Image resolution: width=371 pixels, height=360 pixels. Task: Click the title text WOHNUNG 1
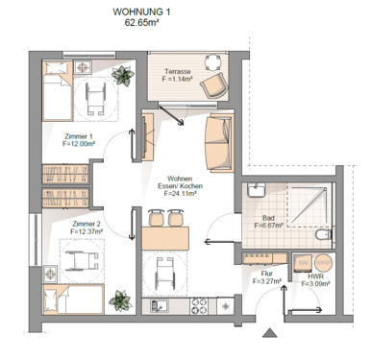pyautogui.click(x=141, y=12)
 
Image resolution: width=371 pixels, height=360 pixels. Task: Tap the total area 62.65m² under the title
pyautogui.click(x=141, y=24)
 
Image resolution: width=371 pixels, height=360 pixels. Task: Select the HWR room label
pyautogui.click(x=314, y=277)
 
